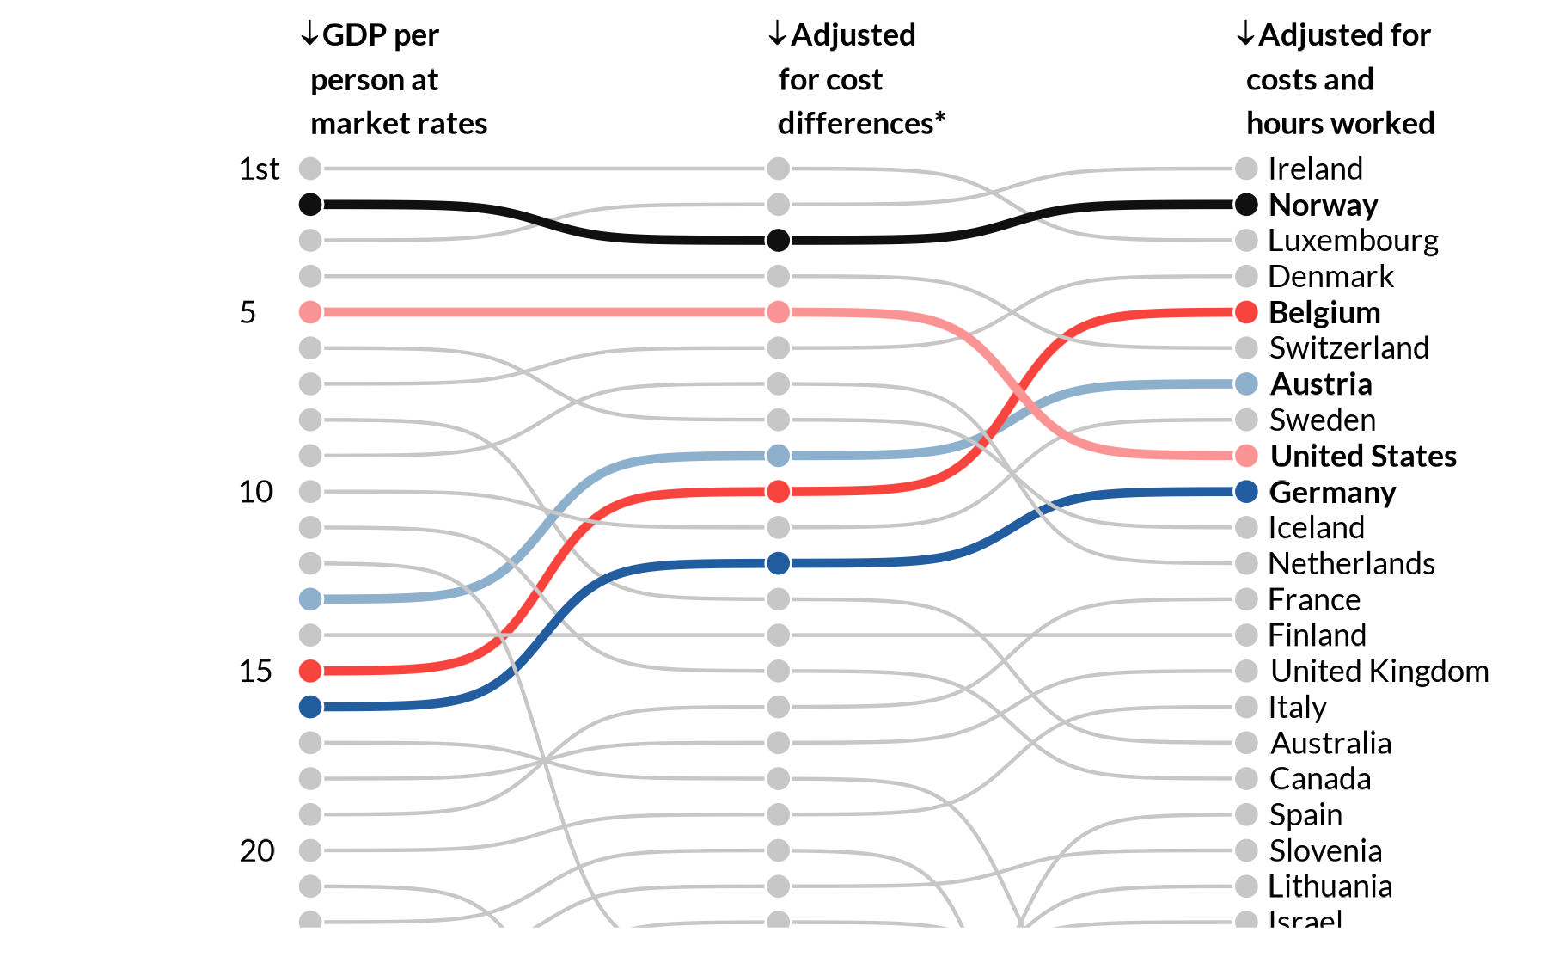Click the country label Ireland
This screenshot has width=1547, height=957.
pos(1315,169)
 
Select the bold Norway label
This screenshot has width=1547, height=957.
pos(1323,206)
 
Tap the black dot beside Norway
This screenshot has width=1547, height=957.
pos(1246,205)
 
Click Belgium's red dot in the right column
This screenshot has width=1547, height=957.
pos(1246,312)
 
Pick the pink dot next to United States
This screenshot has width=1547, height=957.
pos(1246,456)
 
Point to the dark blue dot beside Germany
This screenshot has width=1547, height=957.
pos(1246,492)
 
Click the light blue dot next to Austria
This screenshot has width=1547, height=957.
pos(1246,384)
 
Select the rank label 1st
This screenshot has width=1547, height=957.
pos(258,169)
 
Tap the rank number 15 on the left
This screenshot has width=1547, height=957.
pos(255,672)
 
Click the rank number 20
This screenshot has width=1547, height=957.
pos(256,851)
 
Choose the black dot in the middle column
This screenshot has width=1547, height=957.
pos(778,240)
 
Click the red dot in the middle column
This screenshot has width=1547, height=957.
pos(778,492)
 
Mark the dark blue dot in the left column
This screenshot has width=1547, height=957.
pos(310,707)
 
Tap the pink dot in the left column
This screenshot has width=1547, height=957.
pos(310,312)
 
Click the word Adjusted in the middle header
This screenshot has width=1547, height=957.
pos(853,35)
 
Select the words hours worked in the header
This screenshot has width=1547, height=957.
pos(1340,124)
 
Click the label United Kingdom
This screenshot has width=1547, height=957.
pos(1379,672)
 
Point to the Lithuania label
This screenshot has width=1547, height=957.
pos(1330,886)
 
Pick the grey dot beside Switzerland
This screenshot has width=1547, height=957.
pos(1246,348)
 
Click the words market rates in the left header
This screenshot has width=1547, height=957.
pos(398,124)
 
